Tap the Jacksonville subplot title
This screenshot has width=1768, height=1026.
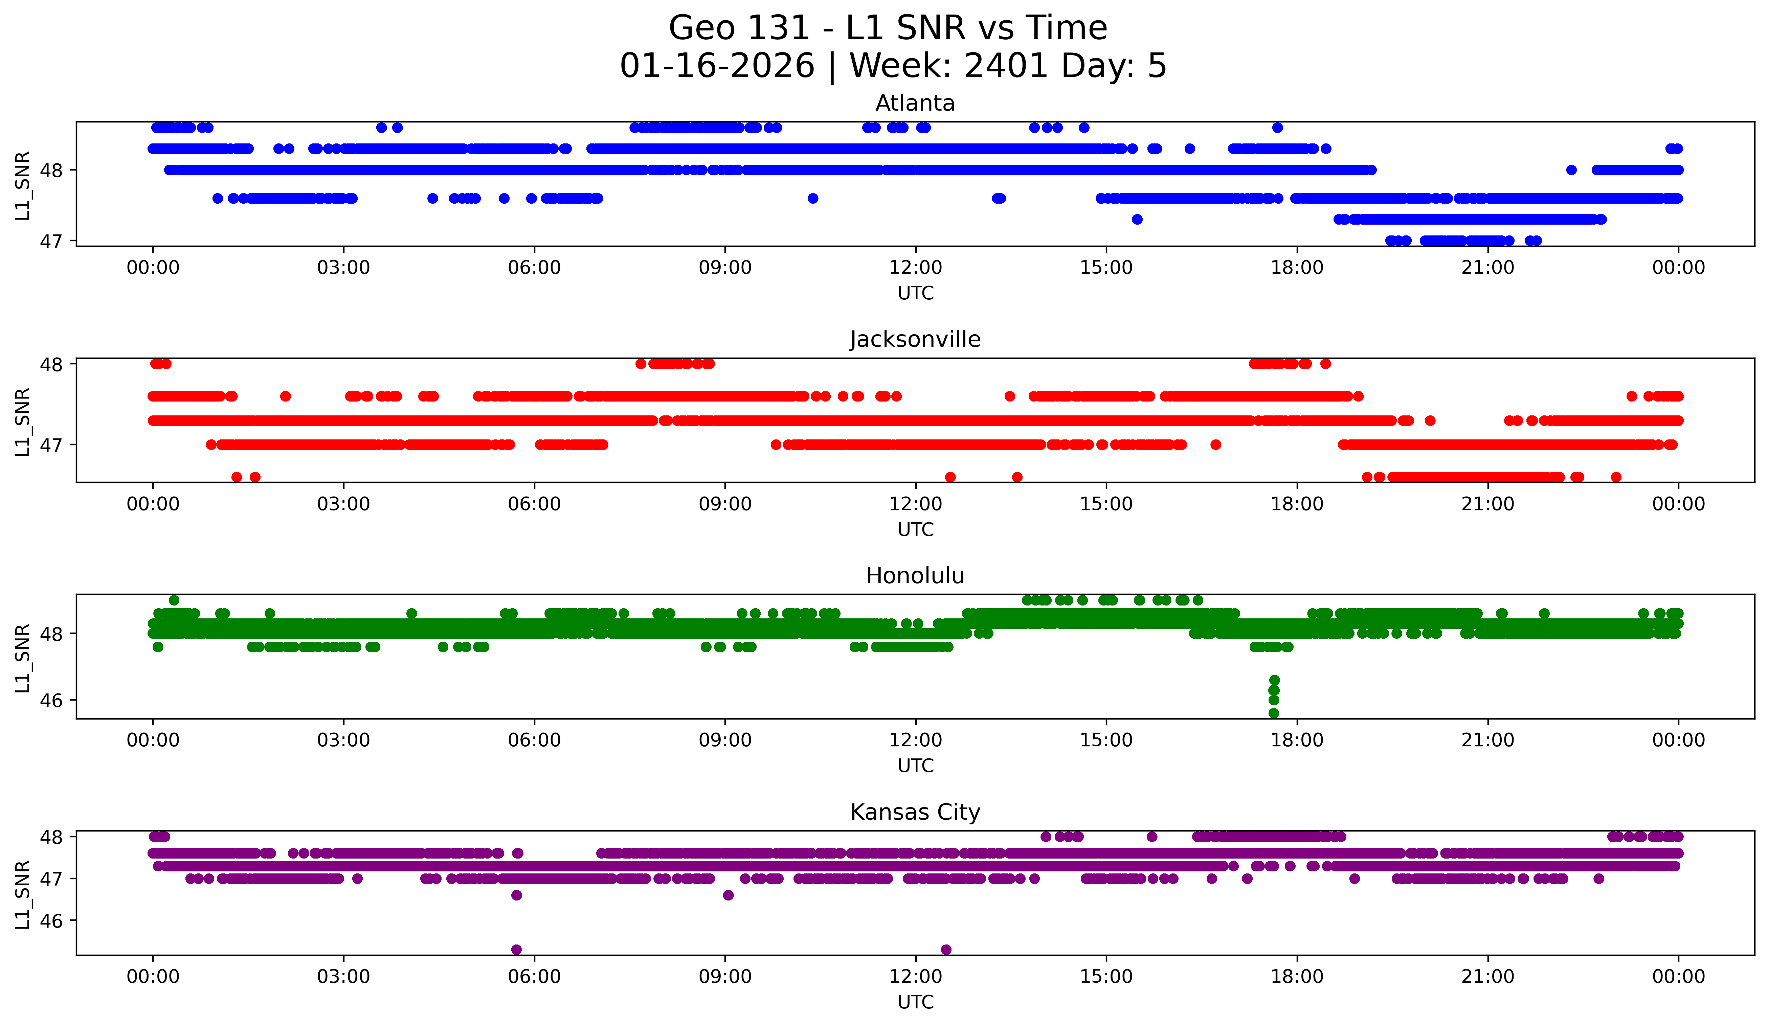915,339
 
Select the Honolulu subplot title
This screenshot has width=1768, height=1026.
915,576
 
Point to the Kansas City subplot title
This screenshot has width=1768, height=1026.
915,812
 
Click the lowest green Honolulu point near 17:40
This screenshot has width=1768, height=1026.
1273,713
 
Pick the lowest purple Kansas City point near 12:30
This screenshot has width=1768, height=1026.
946,950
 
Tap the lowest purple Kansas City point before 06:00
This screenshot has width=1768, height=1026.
516,950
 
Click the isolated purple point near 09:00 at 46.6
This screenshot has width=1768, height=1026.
728,895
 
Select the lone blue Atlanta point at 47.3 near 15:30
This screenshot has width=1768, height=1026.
1137,220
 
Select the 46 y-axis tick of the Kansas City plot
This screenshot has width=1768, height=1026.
51,921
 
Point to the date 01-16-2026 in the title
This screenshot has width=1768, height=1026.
717,66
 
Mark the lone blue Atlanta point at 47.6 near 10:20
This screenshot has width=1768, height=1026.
812,199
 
